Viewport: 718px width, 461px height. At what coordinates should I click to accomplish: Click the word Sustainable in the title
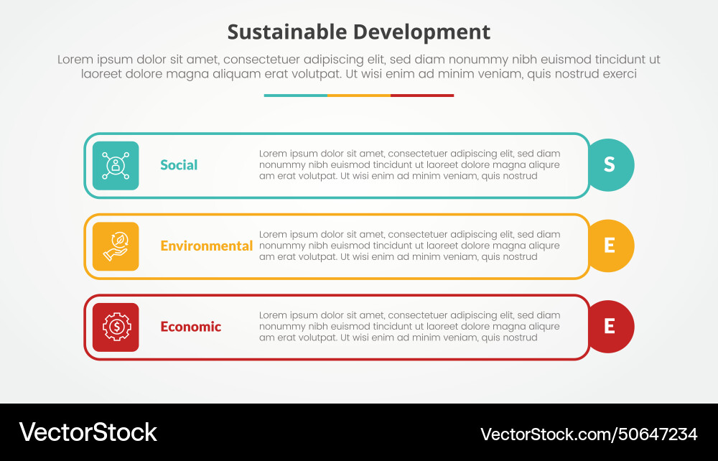(287, 32)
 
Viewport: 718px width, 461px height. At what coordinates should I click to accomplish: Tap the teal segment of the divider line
(295, 95)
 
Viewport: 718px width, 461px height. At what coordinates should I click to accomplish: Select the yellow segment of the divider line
(359, 95)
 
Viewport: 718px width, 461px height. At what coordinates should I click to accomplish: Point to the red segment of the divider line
(422, 95)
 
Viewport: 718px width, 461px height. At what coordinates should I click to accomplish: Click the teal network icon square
(116, 165)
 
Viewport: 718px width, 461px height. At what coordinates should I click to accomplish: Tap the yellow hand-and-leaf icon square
(116, 246)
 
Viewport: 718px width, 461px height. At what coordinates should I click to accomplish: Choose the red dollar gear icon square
(116, 327)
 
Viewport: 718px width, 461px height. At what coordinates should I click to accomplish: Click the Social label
(179, 165)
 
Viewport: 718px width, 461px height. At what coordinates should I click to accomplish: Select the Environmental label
(206, 246)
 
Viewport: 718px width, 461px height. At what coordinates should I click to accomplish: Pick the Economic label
(190, 327)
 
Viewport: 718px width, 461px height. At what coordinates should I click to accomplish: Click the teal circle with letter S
(610, 165)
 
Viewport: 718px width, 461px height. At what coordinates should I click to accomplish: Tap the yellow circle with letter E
(610, 246)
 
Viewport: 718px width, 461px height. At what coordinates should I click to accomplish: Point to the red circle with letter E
(610, 327)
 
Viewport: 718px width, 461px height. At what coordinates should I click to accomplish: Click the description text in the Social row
(409, 164)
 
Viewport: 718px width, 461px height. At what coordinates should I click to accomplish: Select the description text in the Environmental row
(409, 246)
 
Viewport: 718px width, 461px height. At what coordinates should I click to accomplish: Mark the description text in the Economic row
(409, 326)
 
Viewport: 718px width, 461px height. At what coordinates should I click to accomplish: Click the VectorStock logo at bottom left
(88, 432)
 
